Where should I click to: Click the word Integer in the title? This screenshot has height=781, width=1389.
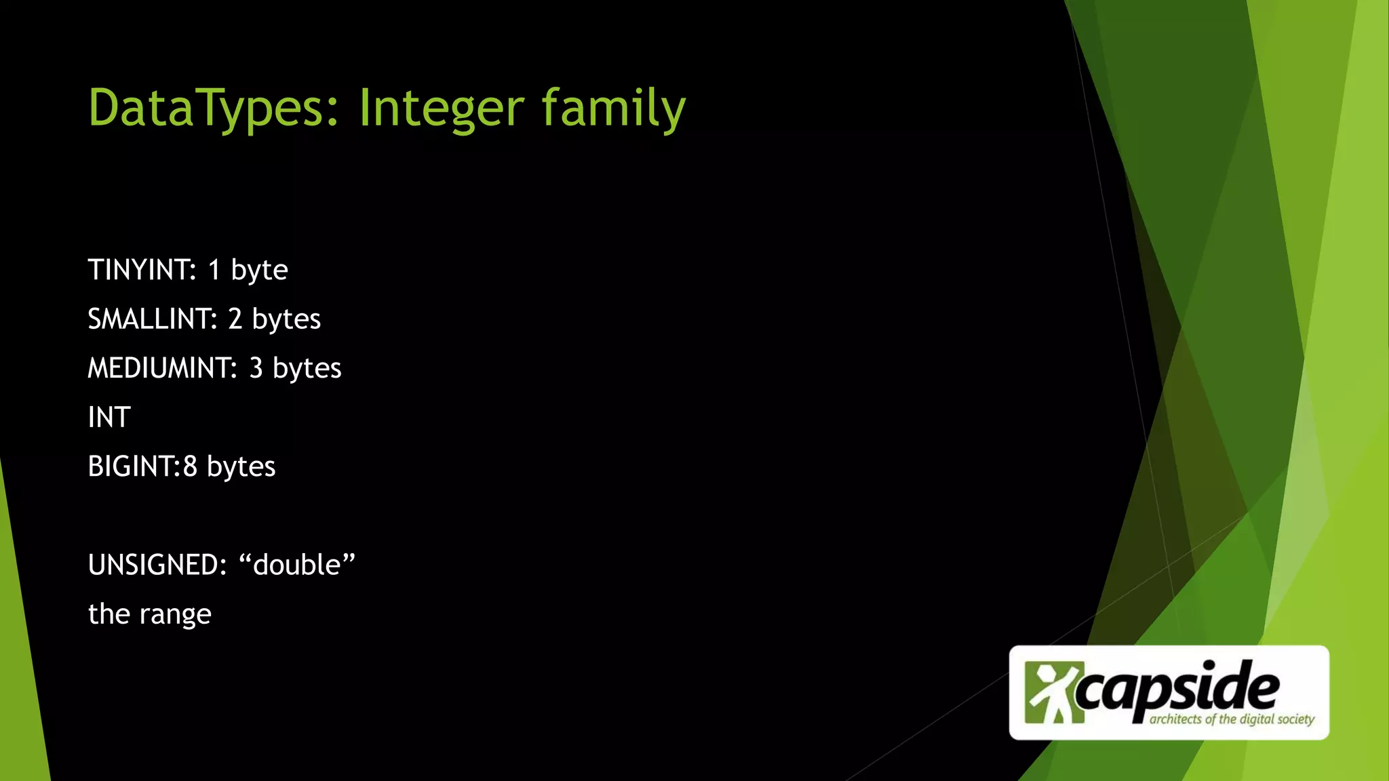(441, 108)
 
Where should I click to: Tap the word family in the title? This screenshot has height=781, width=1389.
(613, 108)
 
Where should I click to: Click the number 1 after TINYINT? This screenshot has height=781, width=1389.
(214, 270)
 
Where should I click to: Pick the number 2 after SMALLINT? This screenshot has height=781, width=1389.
(235, 319)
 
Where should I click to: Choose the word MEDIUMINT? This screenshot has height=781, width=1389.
(162, 368)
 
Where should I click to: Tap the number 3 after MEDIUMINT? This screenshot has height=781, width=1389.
(256, 368)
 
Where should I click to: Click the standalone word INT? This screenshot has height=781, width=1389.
(109, 418)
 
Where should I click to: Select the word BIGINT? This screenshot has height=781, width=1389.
(133, 466)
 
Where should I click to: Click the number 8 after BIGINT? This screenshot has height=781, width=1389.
(190, 466)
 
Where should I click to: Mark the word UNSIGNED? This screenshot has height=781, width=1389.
(157, 565)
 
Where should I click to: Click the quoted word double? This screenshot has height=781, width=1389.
(297, 565)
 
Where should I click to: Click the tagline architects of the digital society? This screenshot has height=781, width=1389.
(1232, 719)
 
